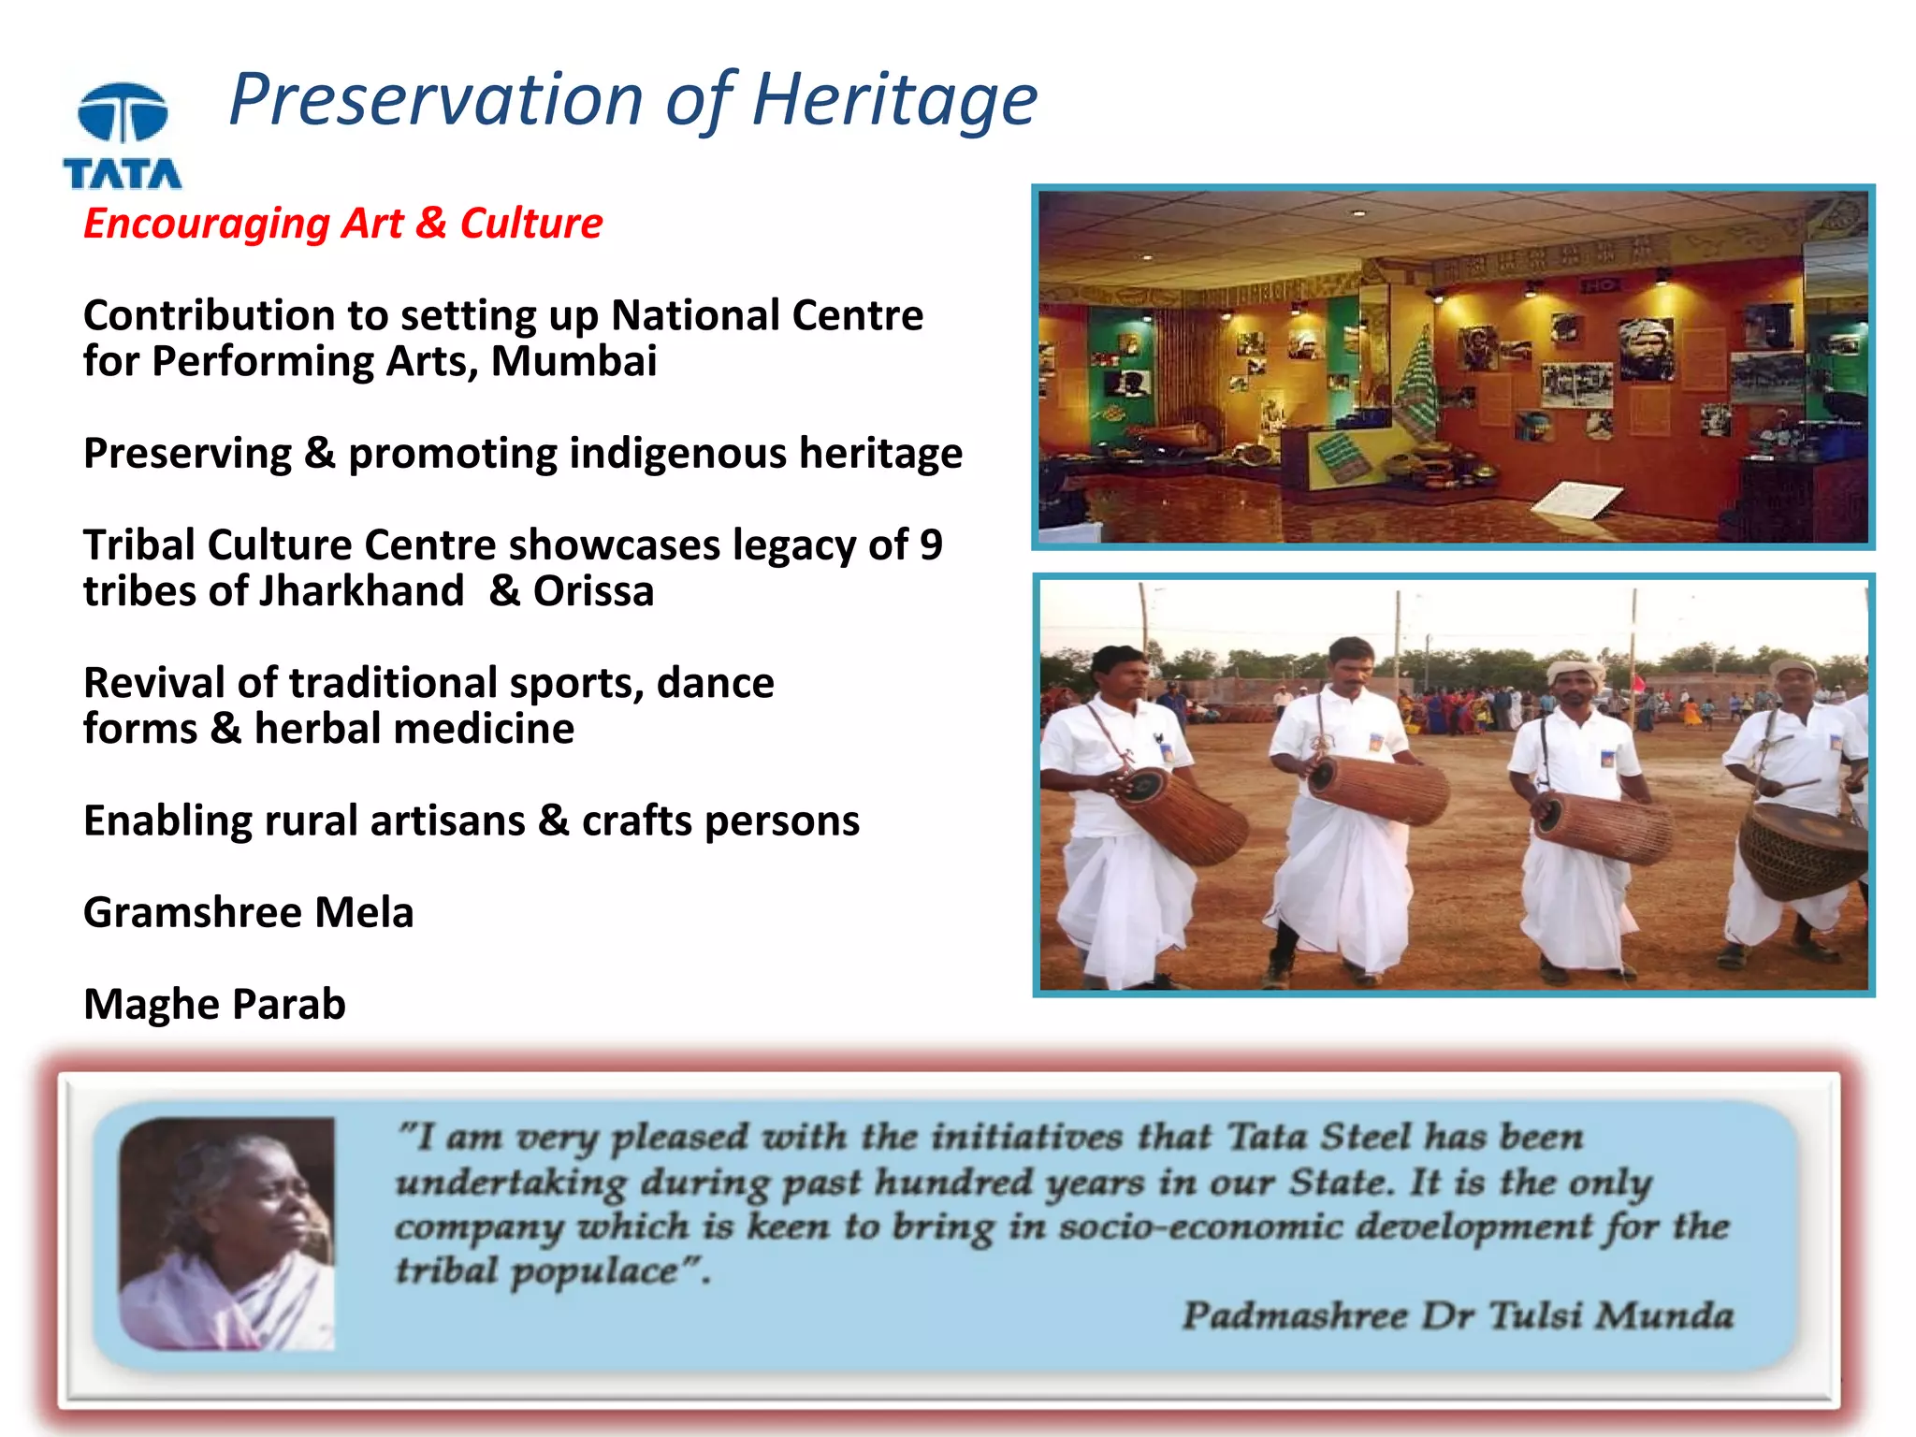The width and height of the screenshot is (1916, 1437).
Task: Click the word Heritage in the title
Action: tap(893, 101)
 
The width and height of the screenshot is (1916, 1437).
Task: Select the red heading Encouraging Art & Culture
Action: tap(342, 224)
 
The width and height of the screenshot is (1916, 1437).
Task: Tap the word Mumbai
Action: tap(573, 362)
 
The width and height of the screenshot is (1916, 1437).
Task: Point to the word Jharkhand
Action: tap(361, 591)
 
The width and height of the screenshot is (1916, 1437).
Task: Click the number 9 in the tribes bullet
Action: tap(930, 545)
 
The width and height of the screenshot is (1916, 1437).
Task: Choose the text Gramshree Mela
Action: tap(248, 912)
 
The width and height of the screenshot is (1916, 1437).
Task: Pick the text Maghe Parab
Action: tap(214, 1004)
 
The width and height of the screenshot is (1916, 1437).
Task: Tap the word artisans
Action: tap(447, 820)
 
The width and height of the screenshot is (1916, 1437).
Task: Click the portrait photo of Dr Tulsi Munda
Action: tap(226, 1233)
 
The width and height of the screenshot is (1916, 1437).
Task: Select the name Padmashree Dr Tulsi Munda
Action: tap(1457, 1315)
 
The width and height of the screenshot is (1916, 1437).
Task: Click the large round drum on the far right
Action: tap(1801, 849)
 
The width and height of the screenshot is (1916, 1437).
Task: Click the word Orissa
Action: tap(593, 591)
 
